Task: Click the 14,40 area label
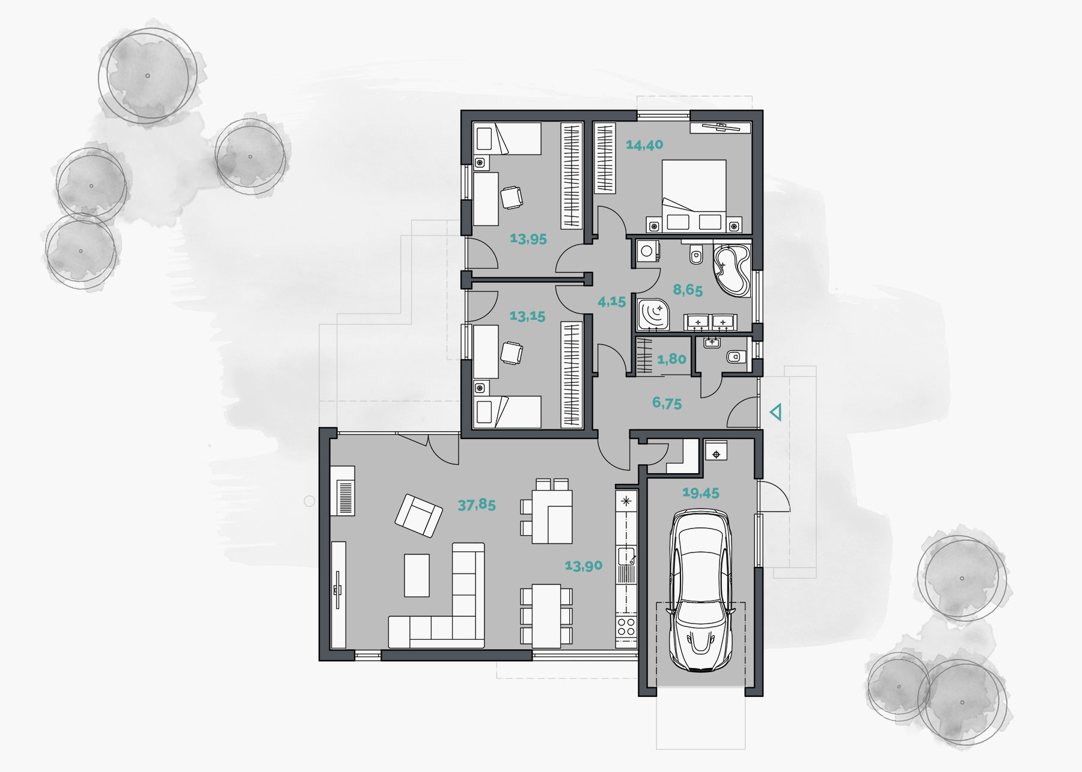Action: tap(644, 145)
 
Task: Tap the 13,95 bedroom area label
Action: tap(528, 239)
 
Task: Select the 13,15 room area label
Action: tap(527, 316)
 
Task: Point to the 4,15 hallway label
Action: tap(611, 302)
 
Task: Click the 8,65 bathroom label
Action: tap(688, 290)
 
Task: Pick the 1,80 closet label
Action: tap(671, 360)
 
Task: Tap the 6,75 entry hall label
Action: tap(667, 403)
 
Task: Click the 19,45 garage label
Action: tap(700, 493)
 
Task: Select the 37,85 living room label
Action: tap(477, 504)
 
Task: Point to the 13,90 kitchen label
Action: tap(583, 566)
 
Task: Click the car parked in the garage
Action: tap(700, 589)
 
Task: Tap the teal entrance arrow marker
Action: tap(776, 413)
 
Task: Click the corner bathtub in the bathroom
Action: tap(732, 269)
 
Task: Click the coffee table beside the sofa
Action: tap(417, 575)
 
